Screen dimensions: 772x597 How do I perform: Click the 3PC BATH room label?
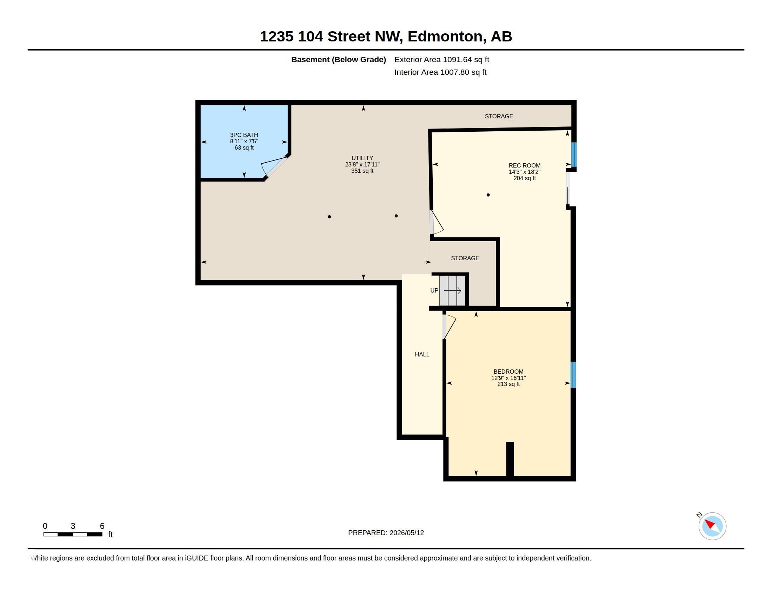pyautogui.click(x=244, y=135)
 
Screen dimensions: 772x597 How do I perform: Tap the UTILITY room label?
pyautogui.click(x=362, y=158)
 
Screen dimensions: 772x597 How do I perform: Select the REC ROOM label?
pyautogui.click(x=525, y=165)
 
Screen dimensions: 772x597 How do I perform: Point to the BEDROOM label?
pyautogui.click(x=508, y=372)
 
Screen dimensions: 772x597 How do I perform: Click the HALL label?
pyautogui.click(x=422, y=354)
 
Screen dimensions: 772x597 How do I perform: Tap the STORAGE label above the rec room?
pyautogui.click(x=499, y=116)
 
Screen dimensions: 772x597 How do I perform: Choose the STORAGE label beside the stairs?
pyautogui.click(x=465, y=258)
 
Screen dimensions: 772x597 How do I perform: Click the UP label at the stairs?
pyautogui.click(x=434, y=290)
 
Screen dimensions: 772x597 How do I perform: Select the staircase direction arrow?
pyautogui.click(x=452, y=291)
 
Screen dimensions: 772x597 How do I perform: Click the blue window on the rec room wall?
pyautogui.click(x=574, y=155)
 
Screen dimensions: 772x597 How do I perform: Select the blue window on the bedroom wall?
pyautogui.click(x=573, y=375)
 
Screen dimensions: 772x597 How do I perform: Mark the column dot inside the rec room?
pyautogui.click(x=488, y=195)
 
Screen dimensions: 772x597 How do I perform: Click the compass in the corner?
pyautogui.click(x=712, y=526)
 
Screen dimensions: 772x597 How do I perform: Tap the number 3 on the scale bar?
pyautogui.click(x=73, y=526)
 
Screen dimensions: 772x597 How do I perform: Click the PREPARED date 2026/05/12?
pyautogui.click(x=406, y=533)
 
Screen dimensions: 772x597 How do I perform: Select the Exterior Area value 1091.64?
pyautogui.click(x=457, y=59)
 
